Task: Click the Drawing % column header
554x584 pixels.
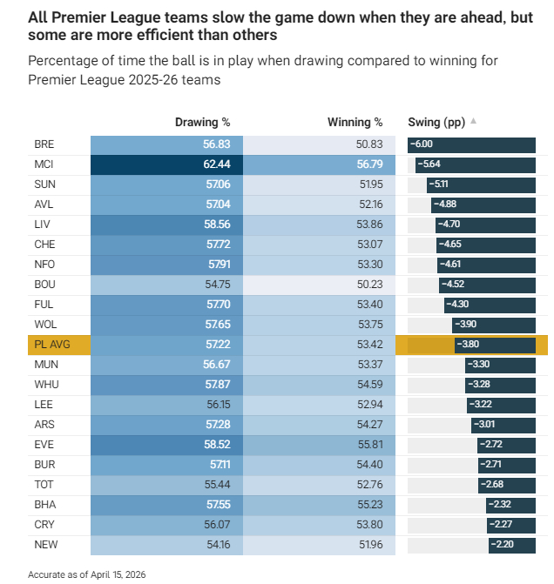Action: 202,123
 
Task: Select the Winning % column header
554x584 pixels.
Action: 355,123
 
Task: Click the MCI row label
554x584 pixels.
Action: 44,164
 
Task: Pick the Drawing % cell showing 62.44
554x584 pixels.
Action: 216,164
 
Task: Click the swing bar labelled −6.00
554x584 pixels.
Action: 471,144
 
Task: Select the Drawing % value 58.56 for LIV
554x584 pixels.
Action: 216,225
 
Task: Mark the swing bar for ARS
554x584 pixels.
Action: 503,424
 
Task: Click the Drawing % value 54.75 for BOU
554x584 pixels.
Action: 216,284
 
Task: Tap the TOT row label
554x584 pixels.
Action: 44,484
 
